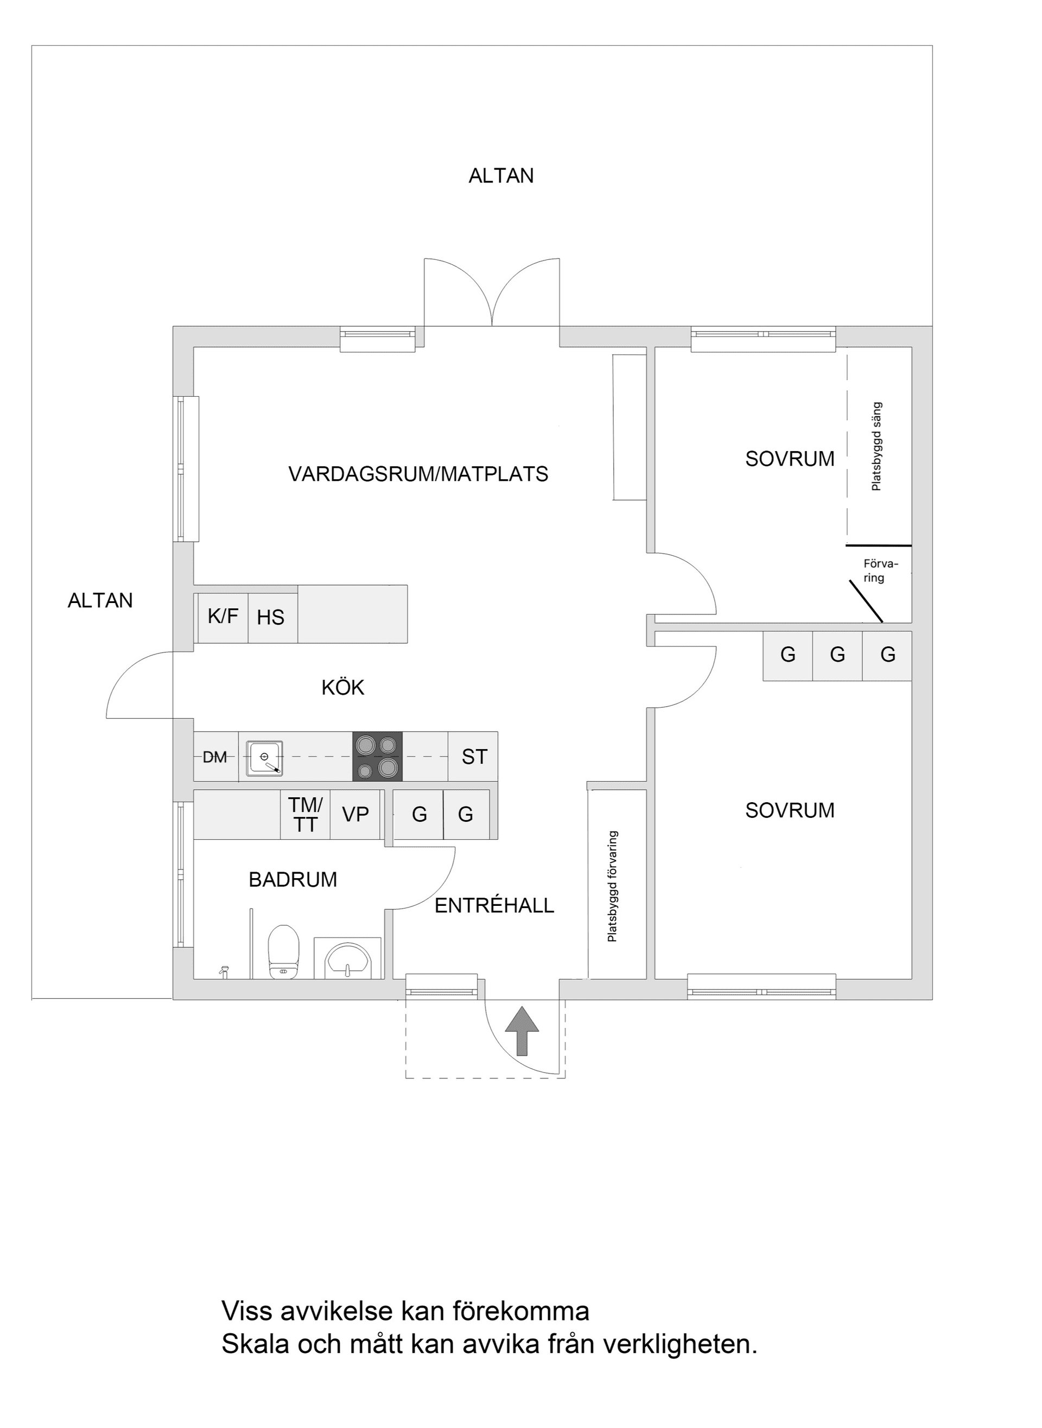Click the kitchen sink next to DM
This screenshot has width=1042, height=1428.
tap(264, 758)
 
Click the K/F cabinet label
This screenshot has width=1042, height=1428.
tap(223, 616)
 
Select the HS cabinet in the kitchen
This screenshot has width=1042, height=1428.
tap(271, 618)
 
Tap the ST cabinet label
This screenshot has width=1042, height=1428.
tap(474, 757)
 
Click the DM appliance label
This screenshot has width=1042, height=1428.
tap(214, 757)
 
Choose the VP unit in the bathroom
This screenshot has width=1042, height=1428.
tap(355, 814)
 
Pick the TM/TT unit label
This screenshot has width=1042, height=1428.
tap(306, 814)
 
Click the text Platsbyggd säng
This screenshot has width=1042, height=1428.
tap(876, 447)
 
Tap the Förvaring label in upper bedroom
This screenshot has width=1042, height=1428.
tap(879, 571)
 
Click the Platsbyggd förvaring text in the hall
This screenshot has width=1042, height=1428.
tap(612, 886)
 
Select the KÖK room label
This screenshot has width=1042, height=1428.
tap(342, 688)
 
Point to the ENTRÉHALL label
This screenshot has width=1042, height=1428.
tap(494, 906)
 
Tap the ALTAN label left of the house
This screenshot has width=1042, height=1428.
tap(100, 600)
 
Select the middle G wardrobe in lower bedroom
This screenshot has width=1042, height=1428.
tap(837, 655)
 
